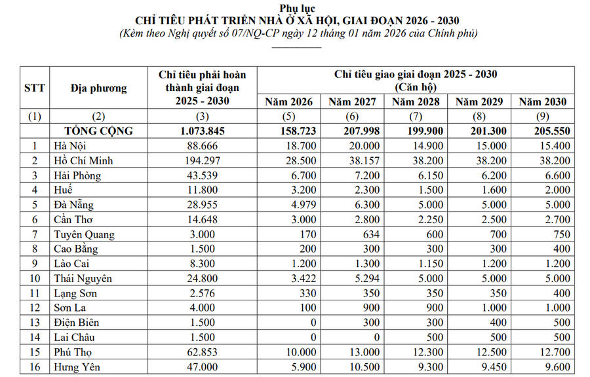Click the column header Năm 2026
288,101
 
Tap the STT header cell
35,87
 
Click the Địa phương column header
98,87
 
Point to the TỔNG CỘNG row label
98,131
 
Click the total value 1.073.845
203,131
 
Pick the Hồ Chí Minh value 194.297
203,161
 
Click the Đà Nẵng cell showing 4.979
288,205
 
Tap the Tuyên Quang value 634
352,234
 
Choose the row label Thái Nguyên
83,278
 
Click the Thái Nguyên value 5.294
352,278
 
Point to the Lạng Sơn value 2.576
203,293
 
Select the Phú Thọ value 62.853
203,352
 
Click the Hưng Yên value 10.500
352,367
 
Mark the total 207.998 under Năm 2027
352,131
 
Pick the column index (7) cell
416,117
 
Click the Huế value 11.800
203,190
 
